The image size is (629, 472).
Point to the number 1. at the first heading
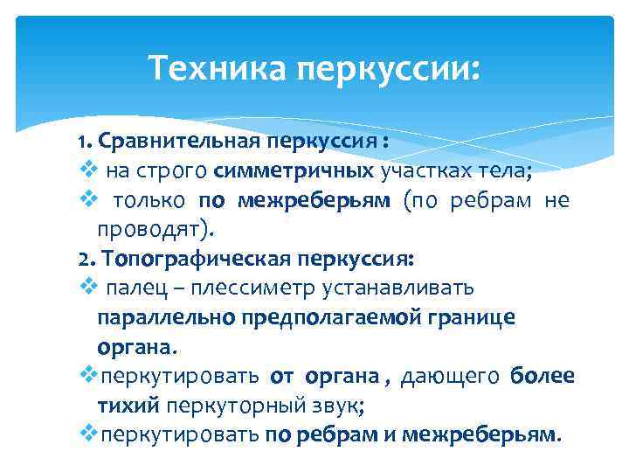(85, 141)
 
